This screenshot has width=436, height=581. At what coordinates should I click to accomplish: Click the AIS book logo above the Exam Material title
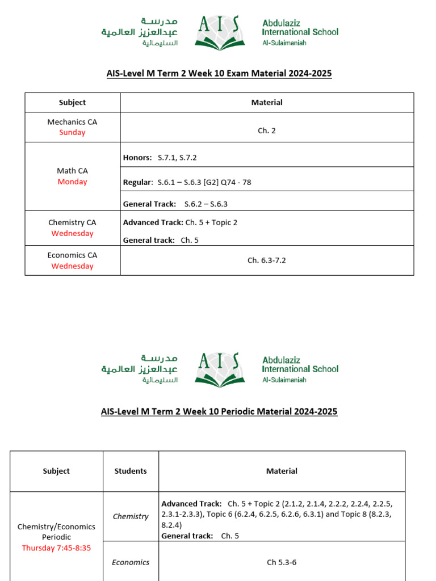pyautogui.click(x=219, y=32)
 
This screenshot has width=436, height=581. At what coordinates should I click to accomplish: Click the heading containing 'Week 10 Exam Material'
pyautogui.click(x=219, y=74)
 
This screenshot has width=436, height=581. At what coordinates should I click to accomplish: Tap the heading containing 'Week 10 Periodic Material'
pyautogui.click(x=219, y=411)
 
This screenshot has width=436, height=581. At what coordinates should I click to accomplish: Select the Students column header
pyautogui.click(x=131, y=471)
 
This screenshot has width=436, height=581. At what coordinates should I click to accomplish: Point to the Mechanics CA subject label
pyautogui.click(x=72, y=122)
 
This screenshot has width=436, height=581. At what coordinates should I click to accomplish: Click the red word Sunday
pyautogui.click(x=72, y=132)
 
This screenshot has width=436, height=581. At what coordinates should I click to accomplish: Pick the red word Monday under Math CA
pyautogui.click(x=72, y=182)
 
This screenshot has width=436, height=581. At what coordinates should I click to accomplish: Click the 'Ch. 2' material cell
pyautogui.click(x=267, y=130)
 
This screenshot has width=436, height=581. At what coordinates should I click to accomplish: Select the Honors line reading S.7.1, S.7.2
pyautogui.click(x=160, y=157)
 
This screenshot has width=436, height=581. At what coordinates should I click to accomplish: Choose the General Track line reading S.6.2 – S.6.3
pyautogui.click(x=175, y=204)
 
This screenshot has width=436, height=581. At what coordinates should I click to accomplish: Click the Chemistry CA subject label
pyautogui.click(x=72, y=223)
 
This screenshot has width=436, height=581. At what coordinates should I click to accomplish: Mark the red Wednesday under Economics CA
pyautogui.click(x=72, y=266)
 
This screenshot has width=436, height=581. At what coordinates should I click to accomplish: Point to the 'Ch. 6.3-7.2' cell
pyautogui.click(x=267, y=260)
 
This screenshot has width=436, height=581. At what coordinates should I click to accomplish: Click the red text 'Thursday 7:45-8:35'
pyautogui.click(x=56, y=548)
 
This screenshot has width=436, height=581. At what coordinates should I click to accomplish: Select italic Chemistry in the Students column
pyautogui.click(x=131, y=516)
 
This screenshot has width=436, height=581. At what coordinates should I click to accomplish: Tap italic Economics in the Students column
pyautogui.click(x=131, y=562)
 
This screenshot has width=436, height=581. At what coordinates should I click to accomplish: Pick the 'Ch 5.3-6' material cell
pyautogui.click(x=282, y=562)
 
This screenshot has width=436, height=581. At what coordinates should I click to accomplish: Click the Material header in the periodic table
pyautogui.click(x=282, y=471)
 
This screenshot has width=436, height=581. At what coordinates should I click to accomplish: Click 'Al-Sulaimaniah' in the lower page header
pyautogui.click(x=284, y=380)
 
